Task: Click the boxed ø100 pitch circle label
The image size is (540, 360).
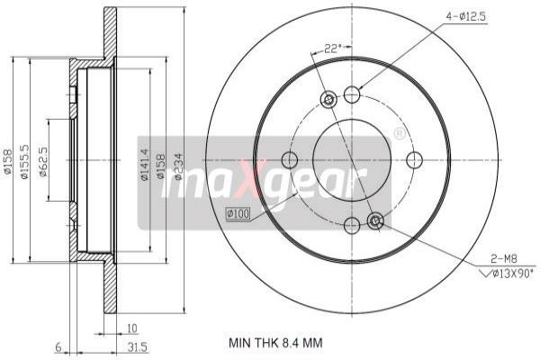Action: pyautogui.click(x=237, y=213)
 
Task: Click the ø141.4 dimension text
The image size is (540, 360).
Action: pyautogui.click(x=144, y=166)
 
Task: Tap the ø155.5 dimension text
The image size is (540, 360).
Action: pyautogui.click(x=27, y=162)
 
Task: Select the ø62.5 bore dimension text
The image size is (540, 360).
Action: pyautogui.click(x=43, y=162)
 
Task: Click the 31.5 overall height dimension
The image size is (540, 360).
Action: pyautogui.click(x=138, y=346)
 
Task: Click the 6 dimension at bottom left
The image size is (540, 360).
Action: pyautogui.click(x=57, y=346)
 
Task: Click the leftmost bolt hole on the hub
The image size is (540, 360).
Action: pyautogui.click(x=289, y=160)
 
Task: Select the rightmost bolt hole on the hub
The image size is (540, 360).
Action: pyautogui.click(x=414, y=160)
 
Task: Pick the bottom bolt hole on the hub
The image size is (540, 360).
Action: pyautogui.click(x=352, y=223)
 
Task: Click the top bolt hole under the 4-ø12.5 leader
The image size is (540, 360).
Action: pyautogui.click(x=352, y=94)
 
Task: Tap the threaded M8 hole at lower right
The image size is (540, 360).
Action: pyautogui.click(x=375, y=220)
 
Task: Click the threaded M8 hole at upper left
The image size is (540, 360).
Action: pyautogui.click(x=328, y=99)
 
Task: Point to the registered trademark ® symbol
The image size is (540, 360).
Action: pyautogui.click(x=400, y=133)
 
